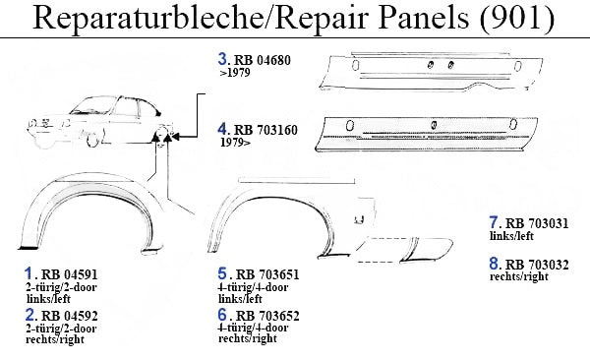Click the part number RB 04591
coord(69,274)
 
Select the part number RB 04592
coord(69,315)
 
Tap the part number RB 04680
coord(263,60)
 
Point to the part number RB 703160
coord(265,130)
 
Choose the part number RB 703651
coord(267,274)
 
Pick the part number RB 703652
coord(267,315)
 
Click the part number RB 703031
coord(537,223)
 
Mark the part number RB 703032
coord(537,265)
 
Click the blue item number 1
coord(29,273)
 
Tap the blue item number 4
coord(223,129)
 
